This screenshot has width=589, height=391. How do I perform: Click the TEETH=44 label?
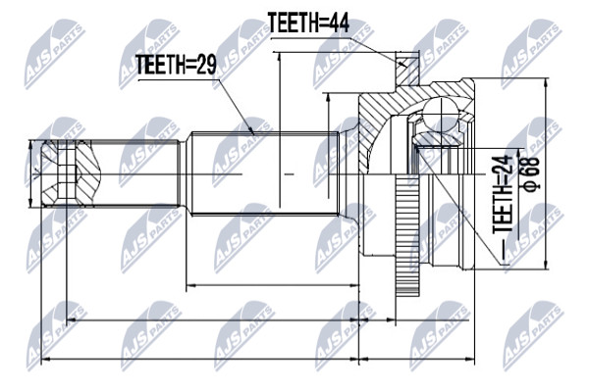[x=308, y=24]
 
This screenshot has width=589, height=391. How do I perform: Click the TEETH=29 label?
[x=176, y=65]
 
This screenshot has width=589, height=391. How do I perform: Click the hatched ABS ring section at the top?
[x=406, y=69]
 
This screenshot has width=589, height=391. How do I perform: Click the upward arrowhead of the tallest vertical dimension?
[x=280, y=56]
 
